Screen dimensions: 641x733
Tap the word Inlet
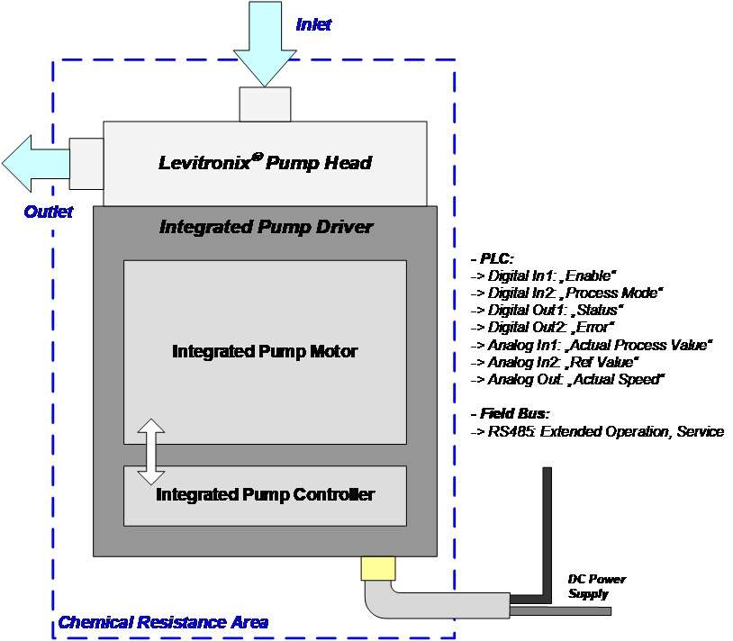coord(313,25)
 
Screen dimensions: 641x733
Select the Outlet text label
coord(48,212)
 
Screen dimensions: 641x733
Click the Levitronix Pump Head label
coord(265,163)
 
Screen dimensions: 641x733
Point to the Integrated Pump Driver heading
coord(265,227)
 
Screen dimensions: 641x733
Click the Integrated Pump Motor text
coord(265,351)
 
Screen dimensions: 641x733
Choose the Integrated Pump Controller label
coord(265,494)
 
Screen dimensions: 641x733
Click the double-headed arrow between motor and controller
coord(150,451)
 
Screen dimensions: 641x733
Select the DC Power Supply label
coord(596,586)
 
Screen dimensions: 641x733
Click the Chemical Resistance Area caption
coord(163,622)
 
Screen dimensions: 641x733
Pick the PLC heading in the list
coord(492,258)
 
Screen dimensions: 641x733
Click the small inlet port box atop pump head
coord(265,104)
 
